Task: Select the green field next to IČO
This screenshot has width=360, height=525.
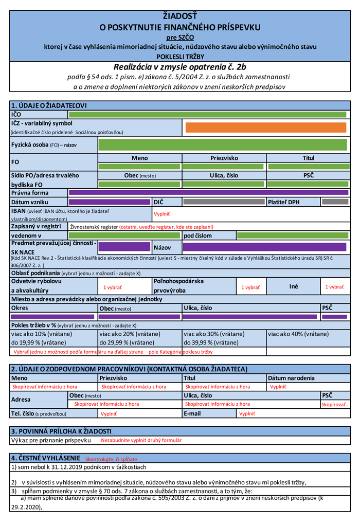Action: tap(207, 114)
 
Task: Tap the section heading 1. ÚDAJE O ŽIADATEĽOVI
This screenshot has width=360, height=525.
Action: tap(49, 105)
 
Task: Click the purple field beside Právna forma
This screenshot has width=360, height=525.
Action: tap(207, 193)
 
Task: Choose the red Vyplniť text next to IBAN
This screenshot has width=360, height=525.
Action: tap(161, 213)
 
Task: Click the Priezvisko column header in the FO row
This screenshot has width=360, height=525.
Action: tap(224, 158)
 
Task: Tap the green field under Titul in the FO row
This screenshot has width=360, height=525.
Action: tap(308, 167)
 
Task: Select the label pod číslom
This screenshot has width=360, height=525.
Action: tap(197, 236)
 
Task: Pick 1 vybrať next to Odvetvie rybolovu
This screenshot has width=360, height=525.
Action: tap(112, 287)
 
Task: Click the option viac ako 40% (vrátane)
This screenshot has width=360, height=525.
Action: tap(298, 334)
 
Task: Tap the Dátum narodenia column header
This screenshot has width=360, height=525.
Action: tap(291, 378)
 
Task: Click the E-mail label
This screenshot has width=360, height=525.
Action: tap(192, 413)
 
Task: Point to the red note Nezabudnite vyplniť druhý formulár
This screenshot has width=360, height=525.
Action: tap(141, 440)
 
